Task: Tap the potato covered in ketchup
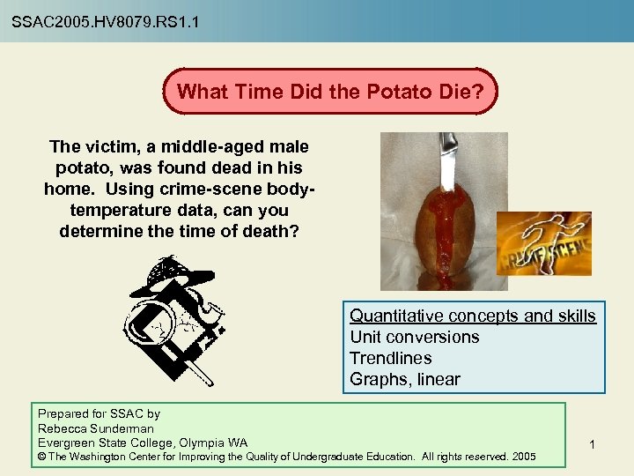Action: coord(446,229)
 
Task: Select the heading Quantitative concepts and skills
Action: coord(473,316)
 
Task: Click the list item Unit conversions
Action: coord(415,338)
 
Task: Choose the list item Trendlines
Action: coord(391,359)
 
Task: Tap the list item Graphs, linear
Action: coord(405,380)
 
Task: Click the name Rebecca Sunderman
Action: coord(96,428)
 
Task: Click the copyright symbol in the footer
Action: coord(42,457)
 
